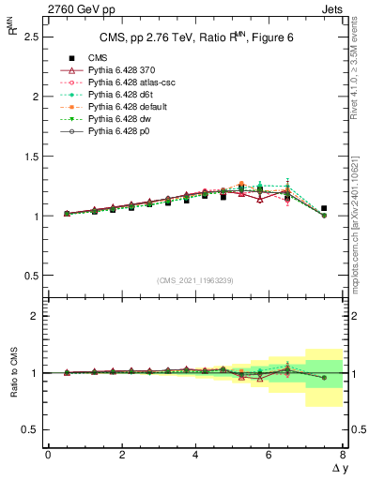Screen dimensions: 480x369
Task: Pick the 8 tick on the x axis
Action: coord(343,455)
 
